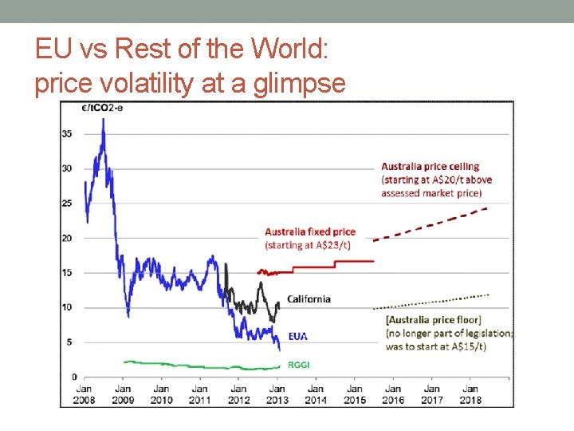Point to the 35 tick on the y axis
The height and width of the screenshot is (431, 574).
pos(67,133)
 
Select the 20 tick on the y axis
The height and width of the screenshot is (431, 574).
pos(67,238)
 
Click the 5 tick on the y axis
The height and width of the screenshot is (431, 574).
pos(69,342)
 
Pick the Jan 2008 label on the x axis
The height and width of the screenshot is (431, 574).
pos(85,394)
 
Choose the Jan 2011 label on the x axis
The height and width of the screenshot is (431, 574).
pos(200,394)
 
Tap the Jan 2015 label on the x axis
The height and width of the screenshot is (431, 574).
pos(355,394)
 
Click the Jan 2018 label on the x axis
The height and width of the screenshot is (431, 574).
pos(470,394)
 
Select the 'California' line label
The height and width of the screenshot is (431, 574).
pos(309,299)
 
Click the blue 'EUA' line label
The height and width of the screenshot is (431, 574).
pos(298,337)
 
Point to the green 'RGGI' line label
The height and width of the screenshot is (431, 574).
pos(299,364)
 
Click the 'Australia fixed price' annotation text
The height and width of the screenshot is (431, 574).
pos(310,232)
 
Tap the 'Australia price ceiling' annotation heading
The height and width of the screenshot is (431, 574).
pos(430,167)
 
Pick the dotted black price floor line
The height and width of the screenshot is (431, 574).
pos(431,302)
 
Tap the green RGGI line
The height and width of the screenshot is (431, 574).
pos(199,366)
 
